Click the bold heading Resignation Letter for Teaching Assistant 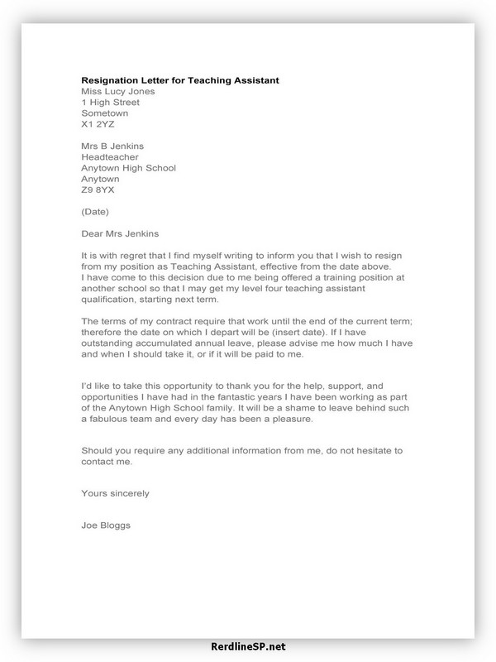pyautogui.click(x=180, y=80)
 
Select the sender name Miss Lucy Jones pyautogui.click(x=118, y=92)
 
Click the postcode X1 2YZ pyautogui.click(x=99, y=127)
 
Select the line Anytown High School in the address pyautogui.click(x=128, y=167)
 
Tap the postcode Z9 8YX pyautogui.click(x=99, y=190)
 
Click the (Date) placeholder pyautogui.click(x=96, y=212)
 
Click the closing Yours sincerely pyautogui.click(x=115, y=494)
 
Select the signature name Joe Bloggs pyautogui.click(x=106, y=525)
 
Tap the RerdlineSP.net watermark pyautogui.click(x=248, y=647)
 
